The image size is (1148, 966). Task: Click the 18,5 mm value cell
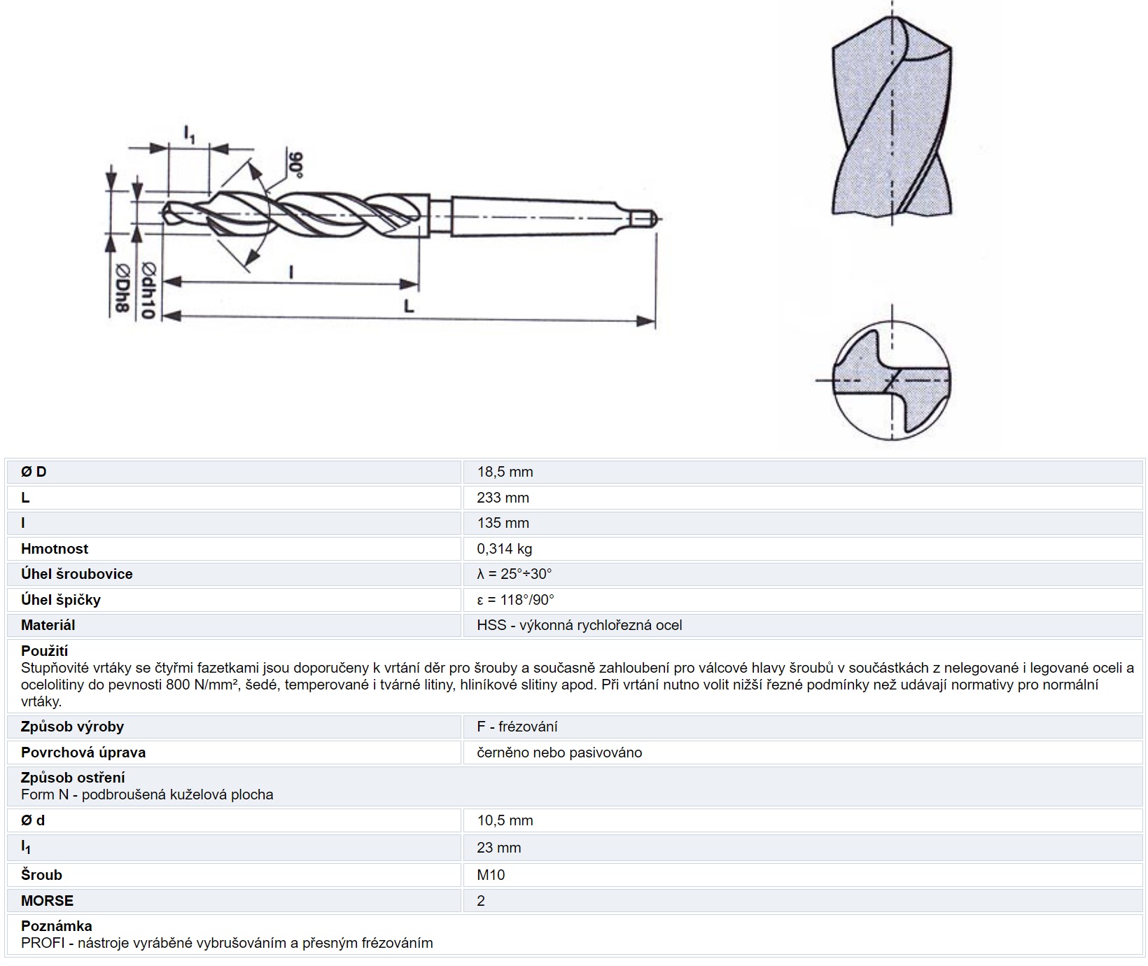coord(505,472)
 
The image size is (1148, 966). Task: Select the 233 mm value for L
coord(503,498)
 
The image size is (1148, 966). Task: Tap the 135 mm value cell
coord(503,523)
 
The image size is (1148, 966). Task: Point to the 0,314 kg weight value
coord(504,549)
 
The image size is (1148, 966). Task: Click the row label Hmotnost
coord(55,549)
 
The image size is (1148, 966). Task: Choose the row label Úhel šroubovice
coord(76,574)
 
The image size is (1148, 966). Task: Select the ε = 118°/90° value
coord(515,600)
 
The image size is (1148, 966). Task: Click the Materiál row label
coord(48,625)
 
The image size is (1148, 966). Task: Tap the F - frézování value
coord(517,727)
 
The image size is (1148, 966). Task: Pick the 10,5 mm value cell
coord(505,820)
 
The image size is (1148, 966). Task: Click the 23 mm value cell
coord(498,848)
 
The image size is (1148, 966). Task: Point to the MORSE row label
coord(47,901)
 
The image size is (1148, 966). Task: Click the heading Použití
coord(44,651)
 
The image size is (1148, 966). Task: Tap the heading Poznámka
coord(56,926)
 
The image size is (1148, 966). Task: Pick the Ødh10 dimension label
coord(148,290)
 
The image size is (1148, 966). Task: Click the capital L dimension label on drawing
coord(409,305)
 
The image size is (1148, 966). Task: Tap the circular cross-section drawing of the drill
coord(892,381)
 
